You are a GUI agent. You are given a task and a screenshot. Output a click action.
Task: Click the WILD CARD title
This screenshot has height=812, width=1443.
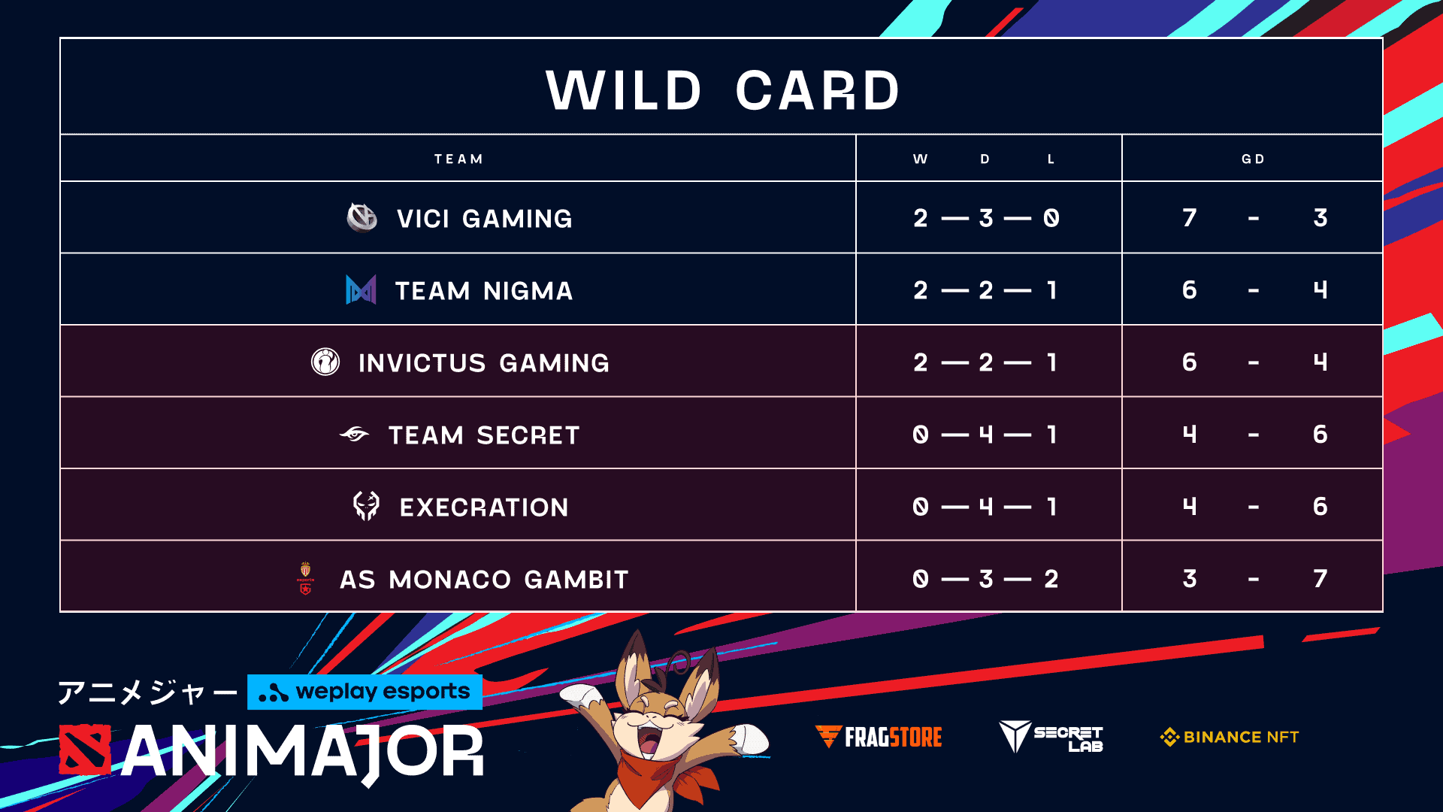[722, 90]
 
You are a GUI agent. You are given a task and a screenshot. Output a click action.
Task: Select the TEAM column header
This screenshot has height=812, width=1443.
[458, 159]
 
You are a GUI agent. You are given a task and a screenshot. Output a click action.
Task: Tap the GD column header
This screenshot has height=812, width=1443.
[1253, 159]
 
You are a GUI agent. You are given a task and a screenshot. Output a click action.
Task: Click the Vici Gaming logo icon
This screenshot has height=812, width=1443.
[362, 218]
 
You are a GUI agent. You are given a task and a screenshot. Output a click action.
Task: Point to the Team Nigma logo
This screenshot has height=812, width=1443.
[361, 290]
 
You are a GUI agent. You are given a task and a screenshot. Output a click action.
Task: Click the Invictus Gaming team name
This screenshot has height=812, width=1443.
[483, 363]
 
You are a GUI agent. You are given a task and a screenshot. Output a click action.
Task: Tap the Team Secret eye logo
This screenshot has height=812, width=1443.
[354, 435]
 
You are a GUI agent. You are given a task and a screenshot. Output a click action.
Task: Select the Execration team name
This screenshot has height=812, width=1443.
[483, 507]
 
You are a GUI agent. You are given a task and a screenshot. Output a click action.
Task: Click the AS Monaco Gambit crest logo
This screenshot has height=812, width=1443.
[305, 578]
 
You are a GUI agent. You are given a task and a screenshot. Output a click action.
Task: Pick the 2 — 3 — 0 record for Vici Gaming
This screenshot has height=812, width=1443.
[986, 218]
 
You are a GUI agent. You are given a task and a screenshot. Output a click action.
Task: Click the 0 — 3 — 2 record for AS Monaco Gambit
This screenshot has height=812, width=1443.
[986, 579]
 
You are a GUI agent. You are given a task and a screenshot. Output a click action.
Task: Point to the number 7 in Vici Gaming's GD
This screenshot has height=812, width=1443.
[1189, 218]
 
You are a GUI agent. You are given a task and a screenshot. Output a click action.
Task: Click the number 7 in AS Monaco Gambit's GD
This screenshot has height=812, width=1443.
[1320, 579]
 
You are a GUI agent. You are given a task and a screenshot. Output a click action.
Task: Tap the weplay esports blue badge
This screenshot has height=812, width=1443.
[365, 692]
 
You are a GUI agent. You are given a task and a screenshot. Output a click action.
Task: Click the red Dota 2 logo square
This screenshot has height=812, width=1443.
[85, 750]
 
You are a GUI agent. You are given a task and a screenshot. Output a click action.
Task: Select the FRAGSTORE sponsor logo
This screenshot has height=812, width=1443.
[879, 737]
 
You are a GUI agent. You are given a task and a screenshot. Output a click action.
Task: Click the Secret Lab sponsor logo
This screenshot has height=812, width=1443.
[1051, 737]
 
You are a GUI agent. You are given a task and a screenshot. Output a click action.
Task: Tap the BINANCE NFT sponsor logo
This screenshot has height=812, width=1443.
[1230, 737]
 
